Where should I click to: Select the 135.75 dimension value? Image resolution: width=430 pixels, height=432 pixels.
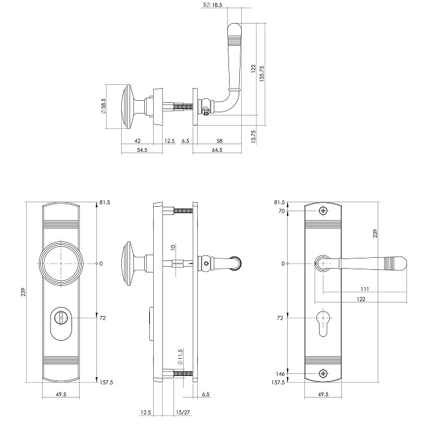click(x=263, y=72)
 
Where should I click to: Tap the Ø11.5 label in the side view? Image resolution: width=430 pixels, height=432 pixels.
click(x=181, y=355)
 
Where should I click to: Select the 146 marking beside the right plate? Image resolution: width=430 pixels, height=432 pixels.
click(x=280, y=373)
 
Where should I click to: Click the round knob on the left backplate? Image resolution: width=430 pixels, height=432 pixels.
click(x=62, y=264)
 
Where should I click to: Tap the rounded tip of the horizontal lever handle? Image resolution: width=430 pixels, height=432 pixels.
click(x=399, y=263)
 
